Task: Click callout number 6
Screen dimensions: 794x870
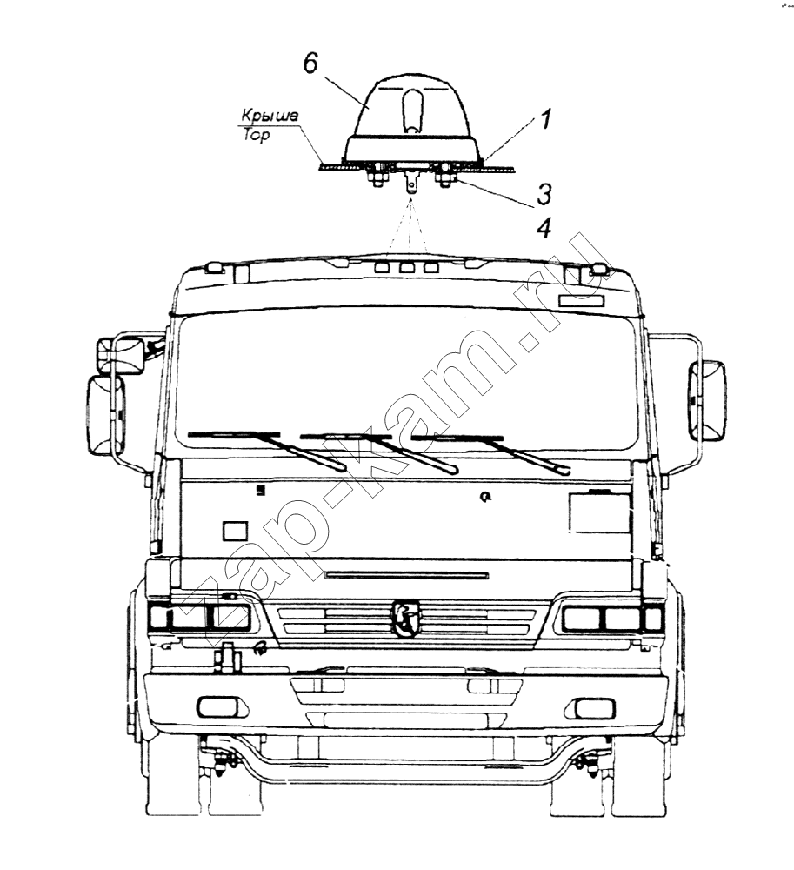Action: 310,64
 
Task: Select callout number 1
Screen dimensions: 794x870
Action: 546,120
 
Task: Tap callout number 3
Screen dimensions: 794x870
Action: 544,194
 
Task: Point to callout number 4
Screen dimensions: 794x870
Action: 545,227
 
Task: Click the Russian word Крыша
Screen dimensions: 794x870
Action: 270,116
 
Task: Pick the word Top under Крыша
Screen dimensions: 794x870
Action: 256,135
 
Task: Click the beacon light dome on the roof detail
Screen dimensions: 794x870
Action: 412,120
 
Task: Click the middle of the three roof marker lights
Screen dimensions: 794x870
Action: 407,268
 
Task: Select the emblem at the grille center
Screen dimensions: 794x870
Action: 408,618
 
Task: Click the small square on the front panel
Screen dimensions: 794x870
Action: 236,531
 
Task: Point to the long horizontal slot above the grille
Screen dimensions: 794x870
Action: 407,575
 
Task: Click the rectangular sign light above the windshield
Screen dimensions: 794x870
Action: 582,301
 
